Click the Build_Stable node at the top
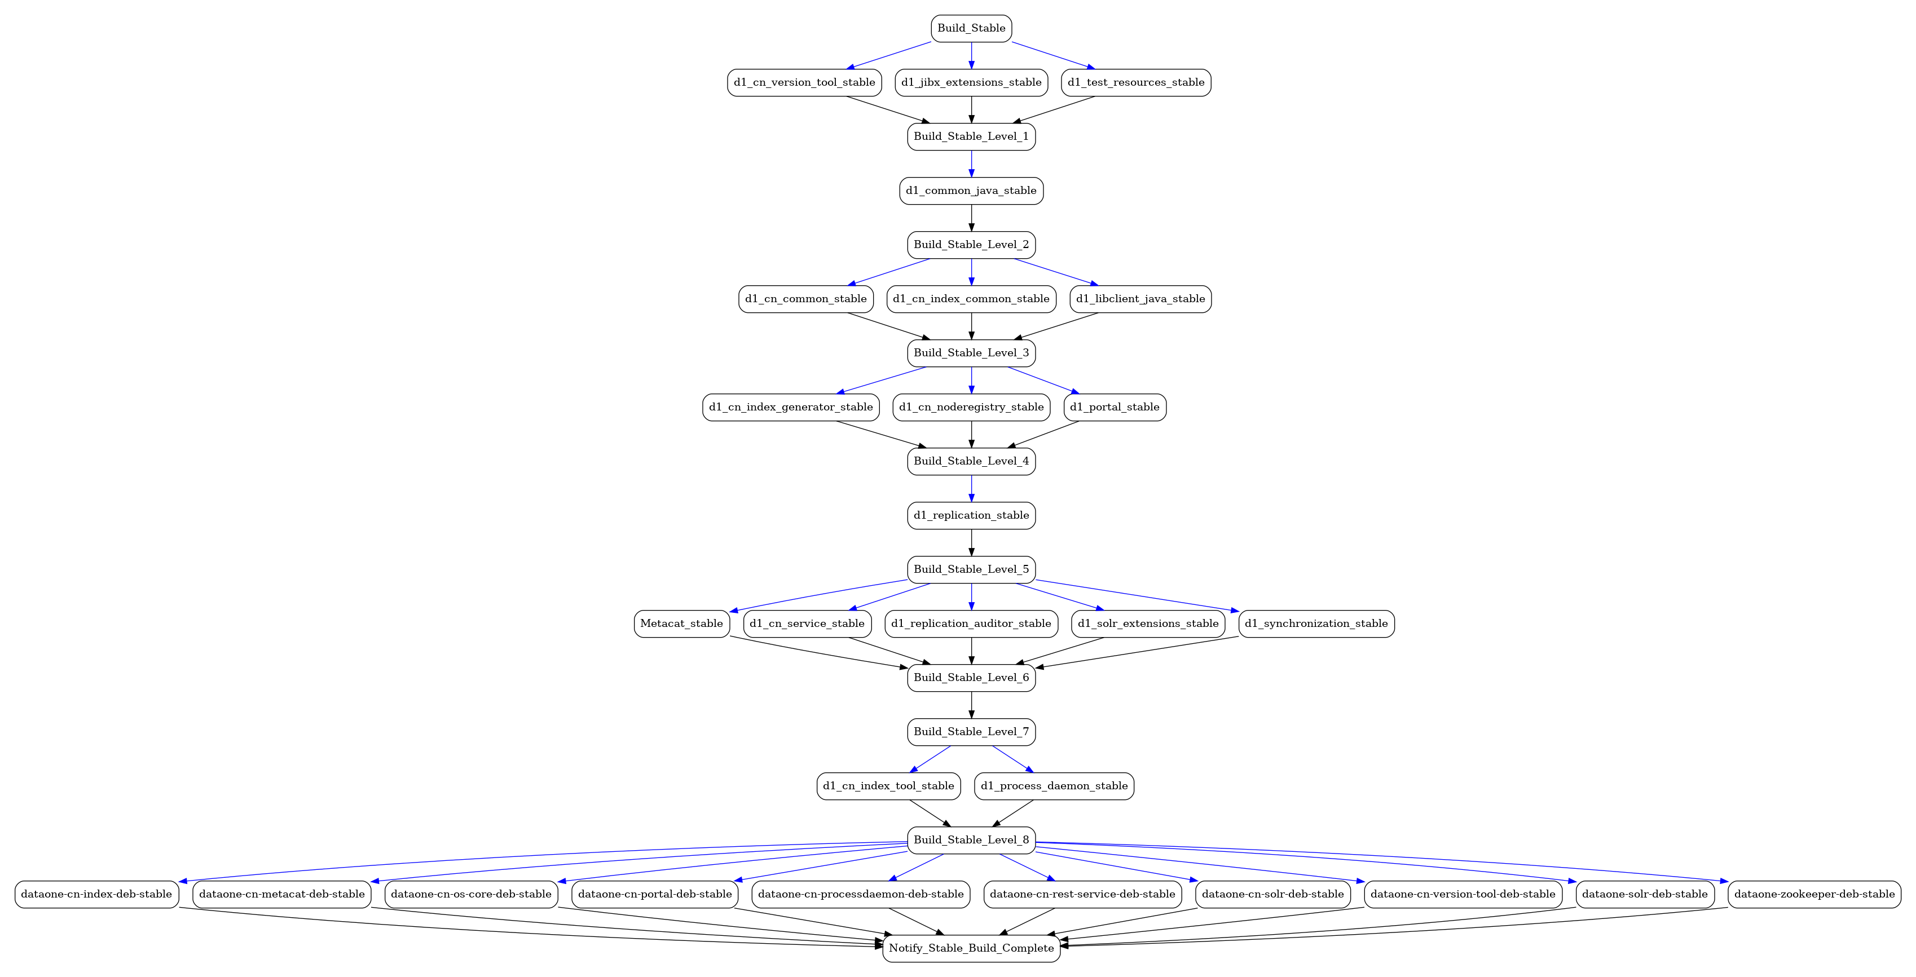click(971, 28)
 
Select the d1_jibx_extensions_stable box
click(971, 82)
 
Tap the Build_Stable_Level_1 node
click(971, 137)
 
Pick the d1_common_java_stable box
click(971, 191)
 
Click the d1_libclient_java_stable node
click(1141, 299)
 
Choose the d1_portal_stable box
click(1115, 408)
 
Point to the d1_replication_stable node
click(971, 515)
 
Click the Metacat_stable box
click(681, 624)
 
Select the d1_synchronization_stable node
click(1316, 624)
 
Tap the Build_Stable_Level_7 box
click(971, 732)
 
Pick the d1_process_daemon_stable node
click(1054, 786)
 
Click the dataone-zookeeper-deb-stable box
click(1815, 895)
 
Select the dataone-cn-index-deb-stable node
click(96, 895)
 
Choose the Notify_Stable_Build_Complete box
click(971, 949)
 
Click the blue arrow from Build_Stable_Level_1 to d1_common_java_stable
click(971, 163)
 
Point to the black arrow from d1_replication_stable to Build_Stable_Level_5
click(971, 543)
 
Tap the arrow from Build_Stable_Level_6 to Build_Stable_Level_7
click(971, 705)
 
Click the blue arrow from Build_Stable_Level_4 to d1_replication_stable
click(971, 488)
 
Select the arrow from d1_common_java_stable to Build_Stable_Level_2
click(971, 218)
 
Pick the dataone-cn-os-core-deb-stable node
click(471, 895)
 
